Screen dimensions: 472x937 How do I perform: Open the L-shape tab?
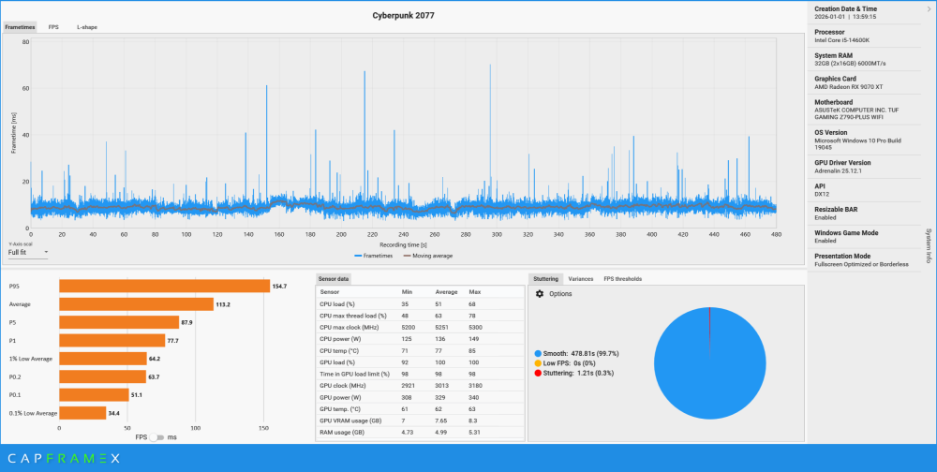point(86,27)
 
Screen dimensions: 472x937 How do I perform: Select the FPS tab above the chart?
point(53,27)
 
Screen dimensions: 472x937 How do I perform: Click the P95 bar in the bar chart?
point(164,286)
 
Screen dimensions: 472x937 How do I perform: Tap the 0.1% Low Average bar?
point(82,413)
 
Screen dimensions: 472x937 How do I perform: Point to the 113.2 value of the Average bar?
point(223,304)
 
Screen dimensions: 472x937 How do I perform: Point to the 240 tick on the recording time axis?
point(403,234)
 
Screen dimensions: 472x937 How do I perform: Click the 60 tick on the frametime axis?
point(25,89)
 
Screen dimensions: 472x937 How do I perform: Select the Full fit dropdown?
point(27,252)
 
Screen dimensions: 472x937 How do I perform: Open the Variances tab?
point(580,278)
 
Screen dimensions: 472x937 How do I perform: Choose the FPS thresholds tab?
point(622,278)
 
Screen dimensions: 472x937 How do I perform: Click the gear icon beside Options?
point(539,294)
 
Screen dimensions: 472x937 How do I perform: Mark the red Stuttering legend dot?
point(537,373)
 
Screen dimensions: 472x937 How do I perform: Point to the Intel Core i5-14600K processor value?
point(842,39)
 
